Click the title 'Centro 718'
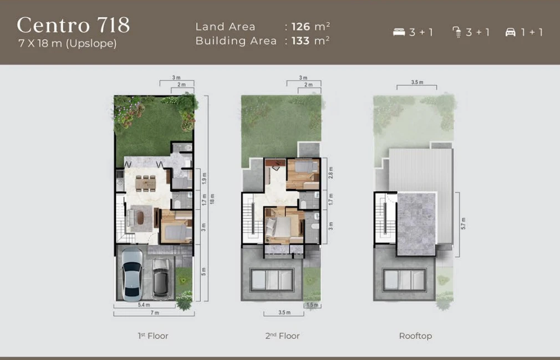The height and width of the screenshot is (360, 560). [x=73, y=25]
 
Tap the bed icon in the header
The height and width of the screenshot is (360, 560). [x=399, y=32]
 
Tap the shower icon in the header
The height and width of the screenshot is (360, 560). [x=457, y=32]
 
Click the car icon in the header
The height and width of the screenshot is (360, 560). [x=510, y=32]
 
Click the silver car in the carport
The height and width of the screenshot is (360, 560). [x=132, y=273]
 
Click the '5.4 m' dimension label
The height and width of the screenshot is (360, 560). [x=144, y=305]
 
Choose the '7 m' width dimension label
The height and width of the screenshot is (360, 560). [x=155, y=313]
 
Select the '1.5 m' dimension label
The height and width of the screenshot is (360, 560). [x=312, y=305]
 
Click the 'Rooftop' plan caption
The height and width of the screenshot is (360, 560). [x=415, y=336]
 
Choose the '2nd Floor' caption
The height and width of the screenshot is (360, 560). [x=282, y=336]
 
